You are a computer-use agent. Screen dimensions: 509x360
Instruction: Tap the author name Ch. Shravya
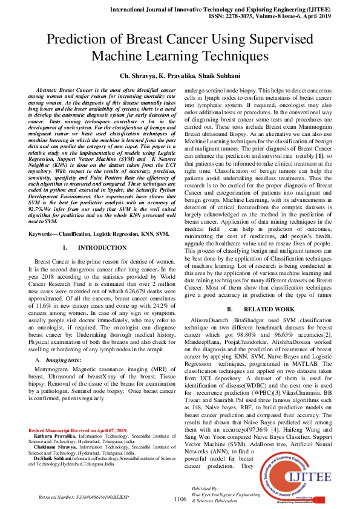137,76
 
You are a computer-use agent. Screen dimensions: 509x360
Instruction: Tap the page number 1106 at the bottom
180,499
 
